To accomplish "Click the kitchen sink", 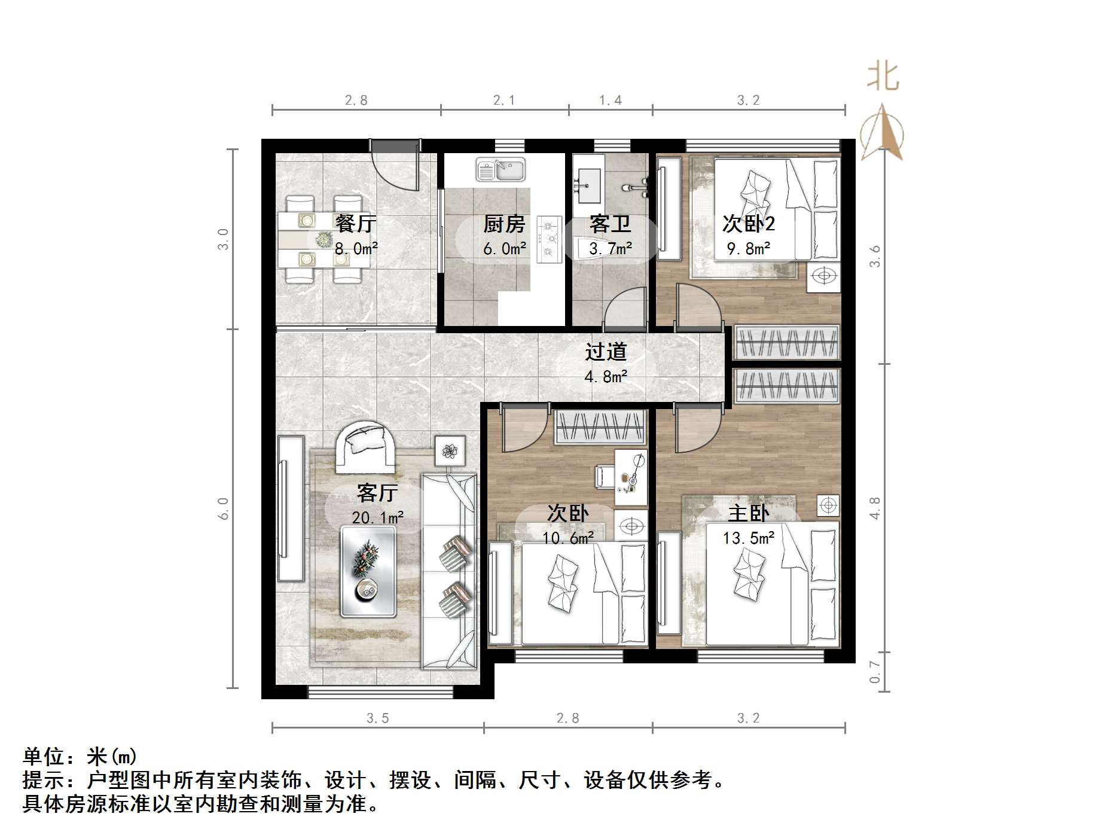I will click(500, 169).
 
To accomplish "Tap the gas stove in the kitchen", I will click(548, 239).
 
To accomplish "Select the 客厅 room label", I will click(377, 493).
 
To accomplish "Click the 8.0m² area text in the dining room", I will click(356, 248).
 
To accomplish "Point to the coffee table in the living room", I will click(368, 571).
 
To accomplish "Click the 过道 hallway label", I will click(606, 352).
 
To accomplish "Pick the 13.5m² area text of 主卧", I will click(748, 538).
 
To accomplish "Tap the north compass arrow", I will click(883, 133).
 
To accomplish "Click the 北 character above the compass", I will click(883, 78).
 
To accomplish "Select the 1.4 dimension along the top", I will click(611, 100).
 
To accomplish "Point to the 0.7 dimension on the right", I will click(875, 671).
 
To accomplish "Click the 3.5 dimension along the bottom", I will click(378, 718).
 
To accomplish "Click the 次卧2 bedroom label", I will click(748, 224).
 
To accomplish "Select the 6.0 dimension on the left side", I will click(223, 508).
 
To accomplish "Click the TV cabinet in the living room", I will click(291, 508).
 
